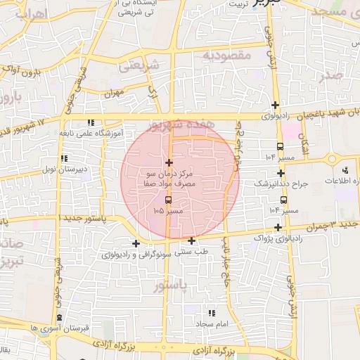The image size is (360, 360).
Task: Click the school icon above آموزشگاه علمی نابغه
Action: pyautogui.click(x=91, y=122)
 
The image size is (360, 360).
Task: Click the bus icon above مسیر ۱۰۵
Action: pyautogui.click(x=167, y=200)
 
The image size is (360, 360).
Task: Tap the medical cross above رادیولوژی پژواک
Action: pyautogui.click(x=279, y=227)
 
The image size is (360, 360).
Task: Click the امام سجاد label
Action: pyautogui.click(x=210, y=323)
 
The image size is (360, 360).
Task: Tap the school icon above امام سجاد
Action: pyautogui.click(x=210, y=313)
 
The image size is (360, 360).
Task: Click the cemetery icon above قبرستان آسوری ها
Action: pyautogui.click(x=60, y=318)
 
